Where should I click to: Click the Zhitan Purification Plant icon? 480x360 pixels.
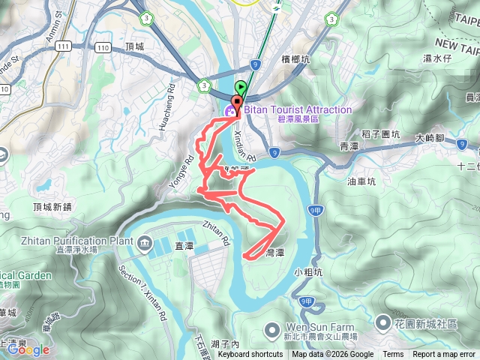pos(143,241)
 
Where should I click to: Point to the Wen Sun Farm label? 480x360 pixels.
pos(314,328)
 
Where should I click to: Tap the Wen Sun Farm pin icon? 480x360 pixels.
pos(273,328)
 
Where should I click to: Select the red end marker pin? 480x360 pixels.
pos(238,105)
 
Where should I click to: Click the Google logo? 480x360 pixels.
pos(28,349)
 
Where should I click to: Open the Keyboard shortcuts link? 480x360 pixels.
pos(250,355)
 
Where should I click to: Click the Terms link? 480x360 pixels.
pos(392,355)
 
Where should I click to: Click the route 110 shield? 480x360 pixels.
pos(102,46)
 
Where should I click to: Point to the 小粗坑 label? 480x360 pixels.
pos(307,271)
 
